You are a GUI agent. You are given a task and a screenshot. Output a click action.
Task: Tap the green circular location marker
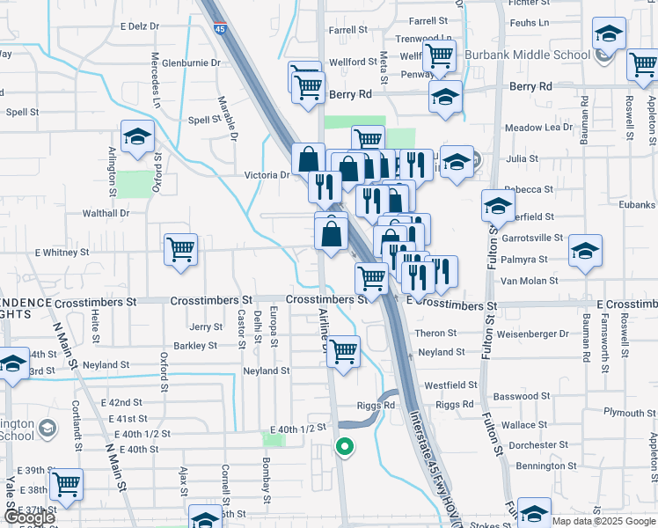click(345, 447)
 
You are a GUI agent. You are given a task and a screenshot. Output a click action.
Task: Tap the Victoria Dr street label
click(267, 175)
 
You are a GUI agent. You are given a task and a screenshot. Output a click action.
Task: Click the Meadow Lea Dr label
click(539, 128)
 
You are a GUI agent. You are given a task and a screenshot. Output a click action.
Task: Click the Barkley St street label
click(196, 346)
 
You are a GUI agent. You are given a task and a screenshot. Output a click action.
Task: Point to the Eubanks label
click(635, 205)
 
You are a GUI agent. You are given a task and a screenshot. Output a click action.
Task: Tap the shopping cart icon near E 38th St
click(66, 483)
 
